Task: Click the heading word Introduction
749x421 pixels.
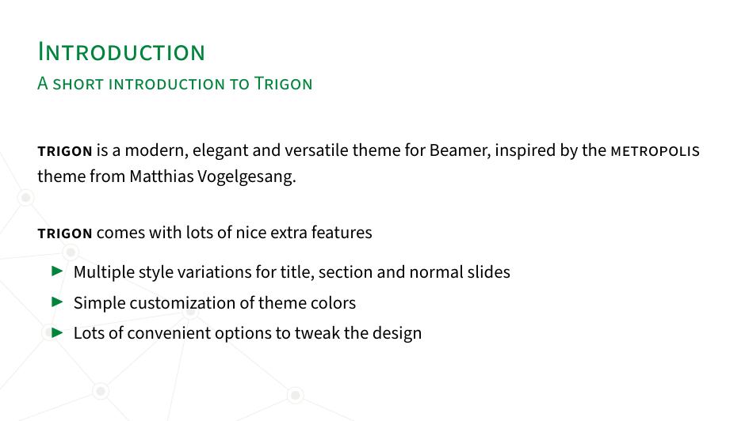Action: (121, 51)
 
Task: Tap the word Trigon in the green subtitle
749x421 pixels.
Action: (283, 83)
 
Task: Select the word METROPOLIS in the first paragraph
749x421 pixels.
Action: (655, 151)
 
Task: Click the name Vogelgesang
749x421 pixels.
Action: (246, 177)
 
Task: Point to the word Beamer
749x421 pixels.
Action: (460, 150)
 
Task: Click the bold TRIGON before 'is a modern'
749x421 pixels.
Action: (65, 152)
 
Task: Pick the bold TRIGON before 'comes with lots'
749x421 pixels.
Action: (65, 233)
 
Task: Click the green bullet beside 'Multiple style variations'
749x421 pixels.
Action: (57, 271)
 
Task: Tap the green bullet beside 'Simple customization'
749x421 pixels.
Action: (57, 302)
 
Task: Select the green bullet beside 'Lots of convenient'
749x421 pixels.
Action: (57, 332)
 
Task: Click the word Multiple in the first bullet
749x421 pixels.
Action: (104, 272)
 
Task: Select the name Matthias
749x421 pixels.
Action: (162, 176)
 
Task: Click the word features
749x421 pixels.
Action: (342, 233)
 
